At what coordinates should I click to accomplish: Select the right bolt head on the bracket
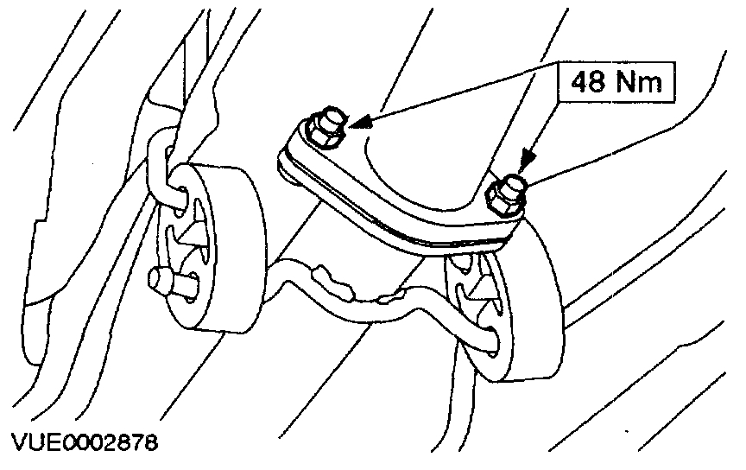click(x=508, y=193)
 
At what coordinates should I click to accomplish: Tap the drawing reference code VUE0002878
click(x=84, y=444)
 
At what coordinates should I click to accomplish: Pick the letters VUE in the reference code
click(x=31, y=444)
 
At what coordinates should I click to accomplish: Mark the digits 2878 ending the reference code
click(x=133, y=444)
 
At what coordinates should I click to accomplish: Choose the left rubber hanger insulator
click(x=207, y=251)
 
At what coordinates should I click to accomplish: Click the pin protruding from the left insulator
click(x=169, y=280)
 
